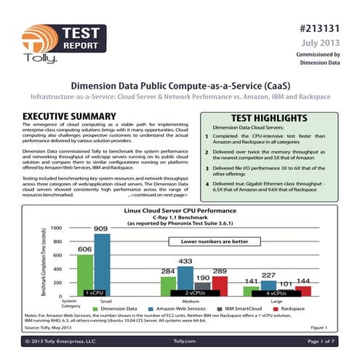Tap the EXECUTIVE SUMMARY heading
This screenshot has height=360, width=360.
[70, 116]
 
